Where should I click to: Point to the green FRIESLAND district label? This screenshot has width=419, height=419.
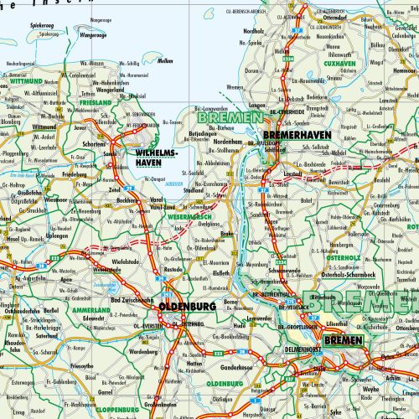[96, 102]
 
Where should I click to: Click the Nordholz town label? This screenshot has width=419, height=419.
[254, 32]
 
